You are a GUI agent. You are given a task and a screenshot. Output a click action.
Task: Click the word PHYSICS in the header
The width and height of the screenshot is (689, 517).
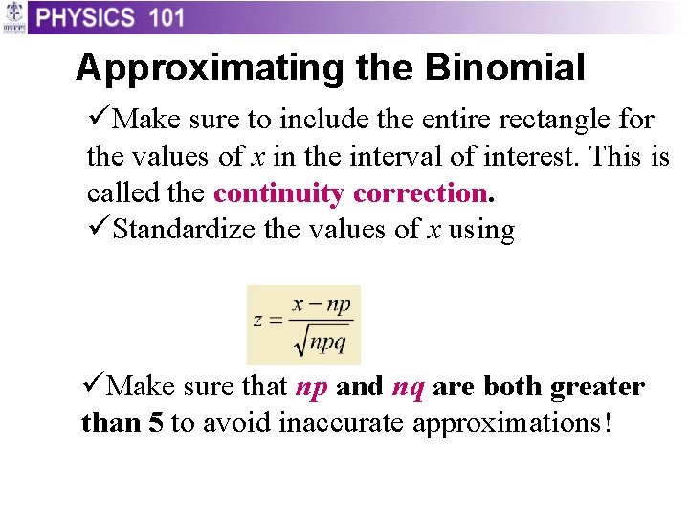(86, 17)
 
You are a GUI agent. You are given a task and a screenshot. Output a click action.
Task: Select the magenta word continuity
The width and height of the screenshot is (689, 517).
(278, 192)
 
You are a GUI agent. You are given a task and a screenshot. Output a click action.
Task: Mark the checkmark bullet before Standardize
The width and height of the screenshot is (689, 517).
(98, 230)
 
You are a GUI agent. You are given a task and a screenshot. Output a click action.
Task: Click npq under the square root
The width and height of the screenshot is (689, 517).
(327, 342)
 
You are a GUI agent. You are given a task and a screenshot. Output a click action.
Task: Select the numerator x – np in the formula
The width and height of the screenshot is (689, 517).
(322, 304)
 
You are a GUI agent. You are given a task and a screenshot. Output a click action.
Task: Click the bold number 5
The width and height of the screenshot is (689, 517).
(155, 423)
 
